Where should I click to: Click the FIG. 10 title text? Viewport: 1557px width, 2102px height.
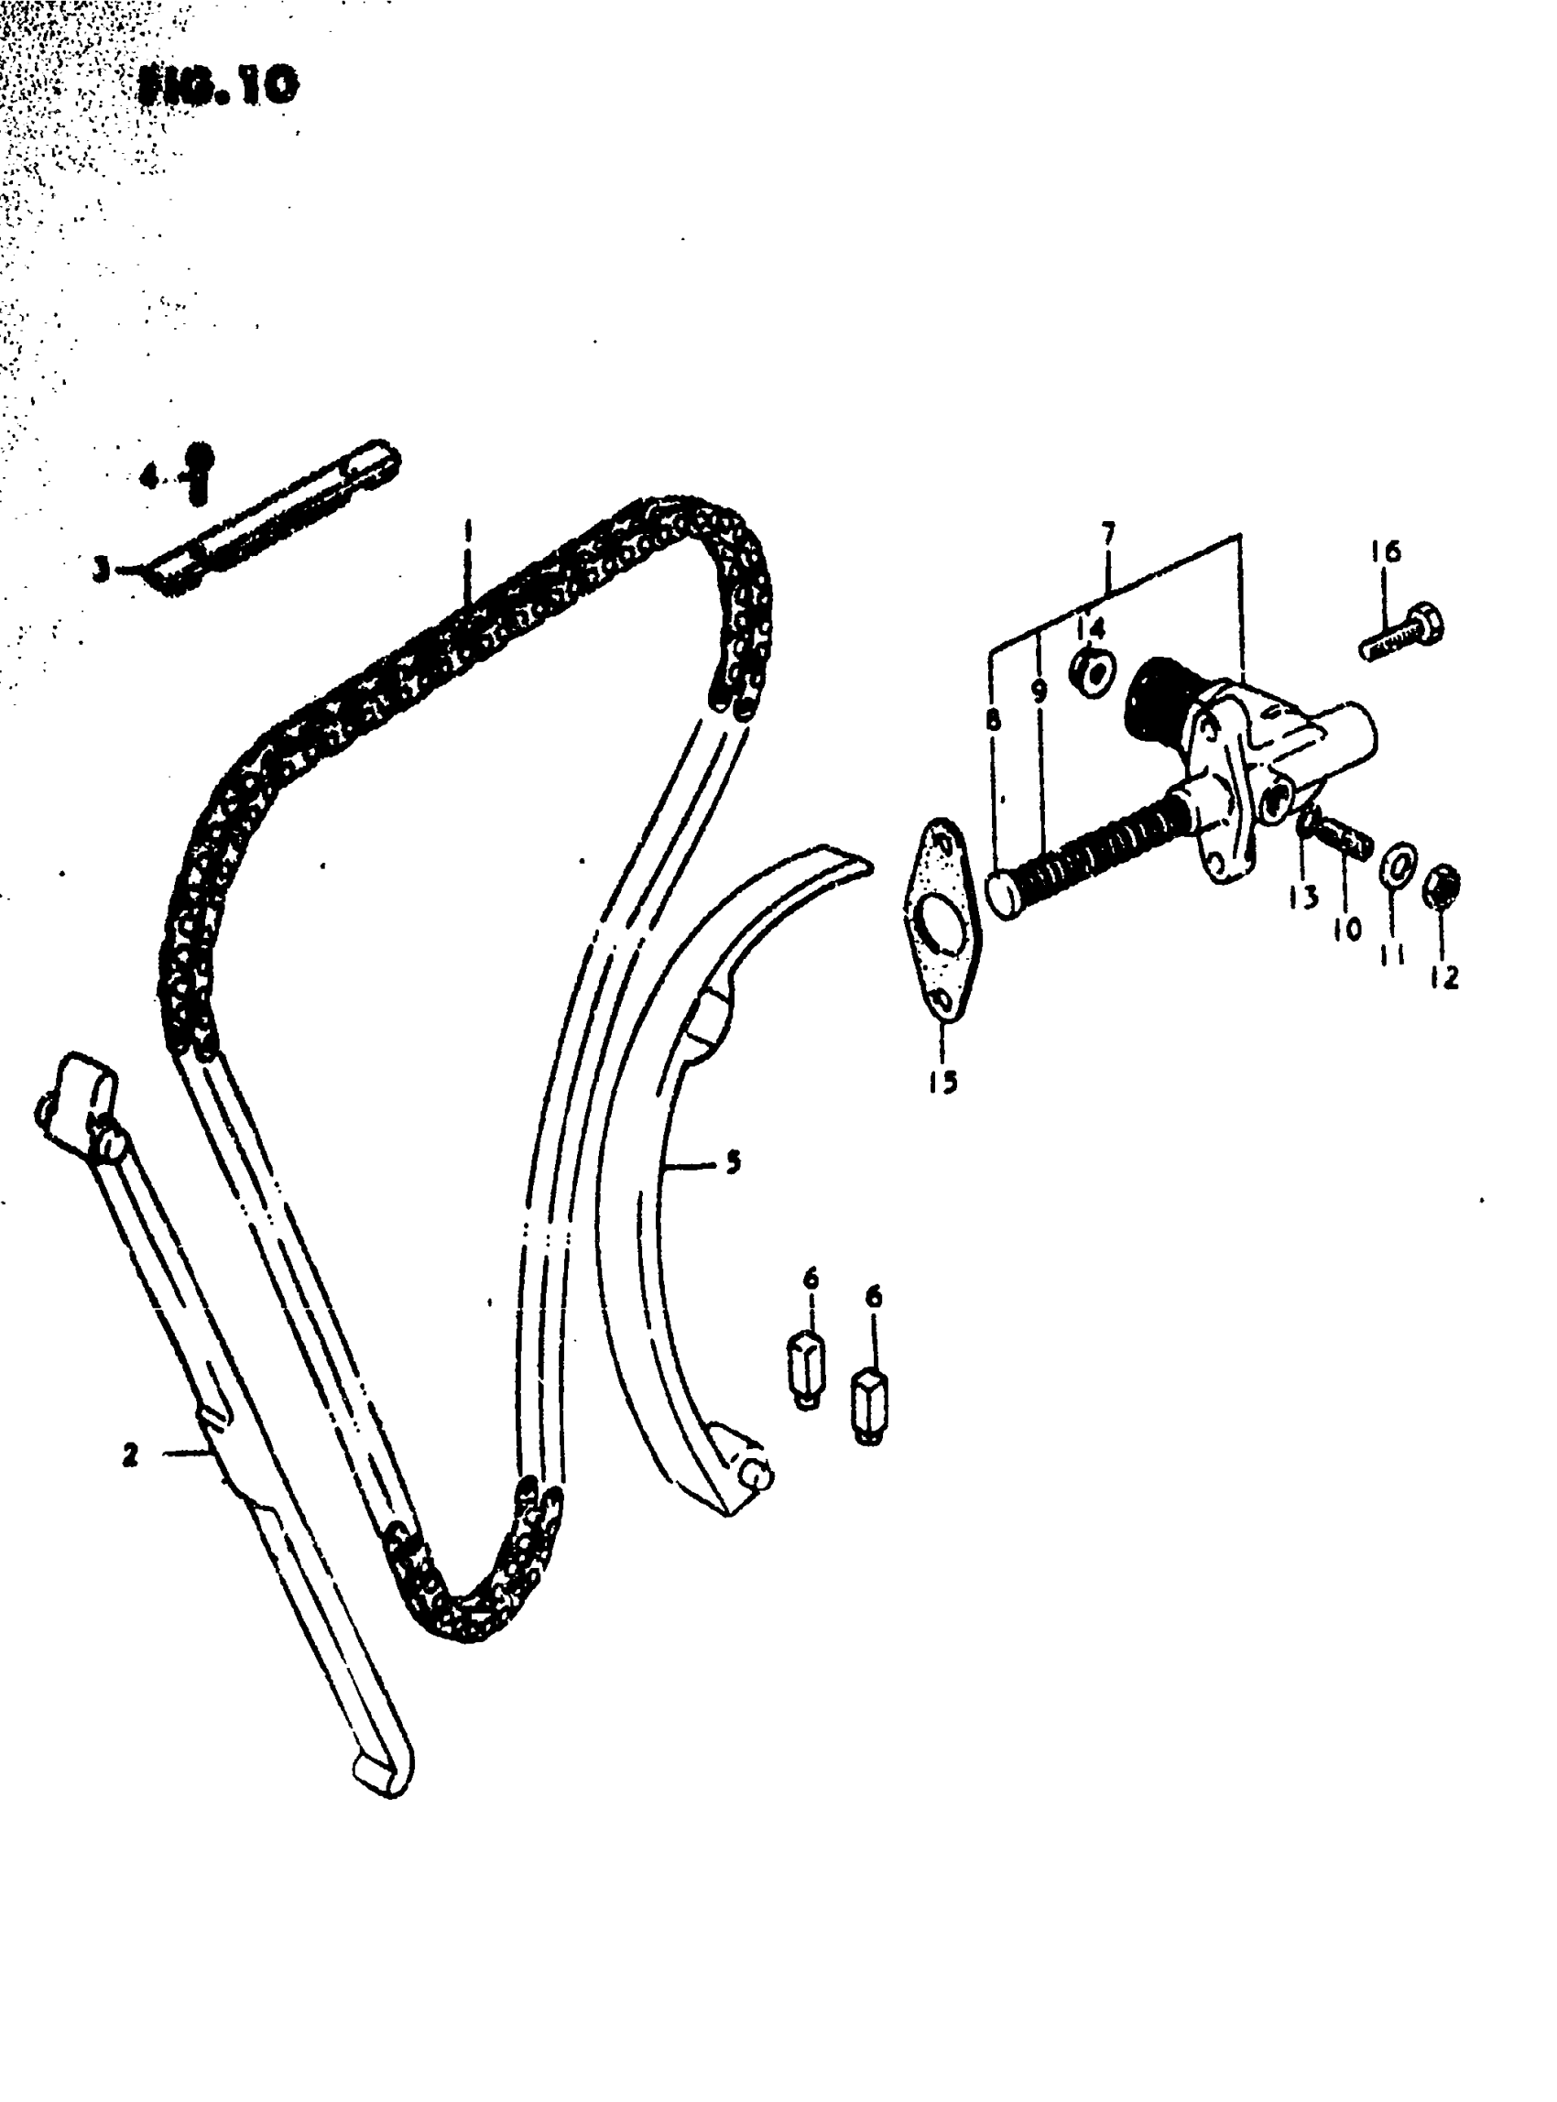click(219, 87)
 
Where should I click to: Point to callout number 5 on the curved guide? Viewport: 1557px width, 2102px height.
click(733, 1162)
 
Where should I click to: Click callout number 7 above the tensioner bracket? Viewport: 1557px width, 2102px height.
click(1108, 536)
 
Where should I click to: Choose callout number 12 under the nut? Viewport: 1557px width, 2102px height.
click(1443, 977)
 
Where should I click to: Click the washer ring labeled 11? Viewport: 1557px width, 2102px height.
click(1398, 864)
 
